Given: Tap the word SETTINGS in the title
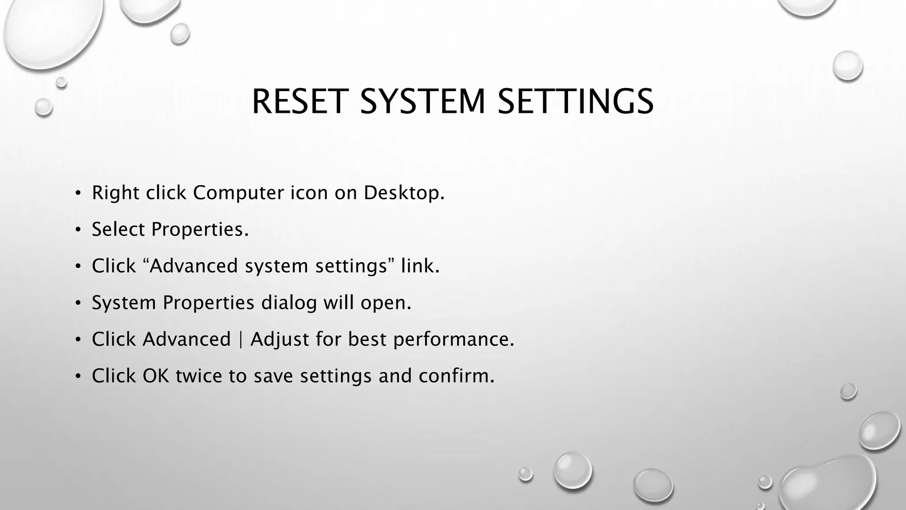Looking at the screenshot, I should tap(575, 102).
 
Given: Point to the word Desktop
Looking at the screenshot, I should tap(403, 193).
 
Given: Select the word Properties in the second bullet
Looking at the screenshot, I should tap(200, 230).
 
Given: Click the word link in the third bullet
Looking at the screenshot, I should tap(420, 266).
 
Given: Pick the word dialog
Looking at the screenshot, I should tap(289, 303).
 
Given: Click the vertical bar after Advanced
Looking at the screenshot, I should tap(241, 340).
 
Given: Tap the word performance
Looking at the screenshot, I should tap(453, 340).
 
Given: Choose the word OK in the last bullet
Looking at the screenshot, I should tap(156, 376).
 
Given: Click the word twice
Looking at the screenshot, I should tap(199, 376).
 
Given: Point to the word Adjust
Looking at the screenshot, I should tap(280, 340).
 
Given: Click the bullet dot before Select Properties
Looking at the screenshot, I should tap(78, 230).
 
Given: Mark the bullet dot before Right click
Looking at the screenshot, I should tap(78, 193).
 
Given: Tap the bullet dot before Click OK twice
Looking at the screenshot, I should tap(78, 376).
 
